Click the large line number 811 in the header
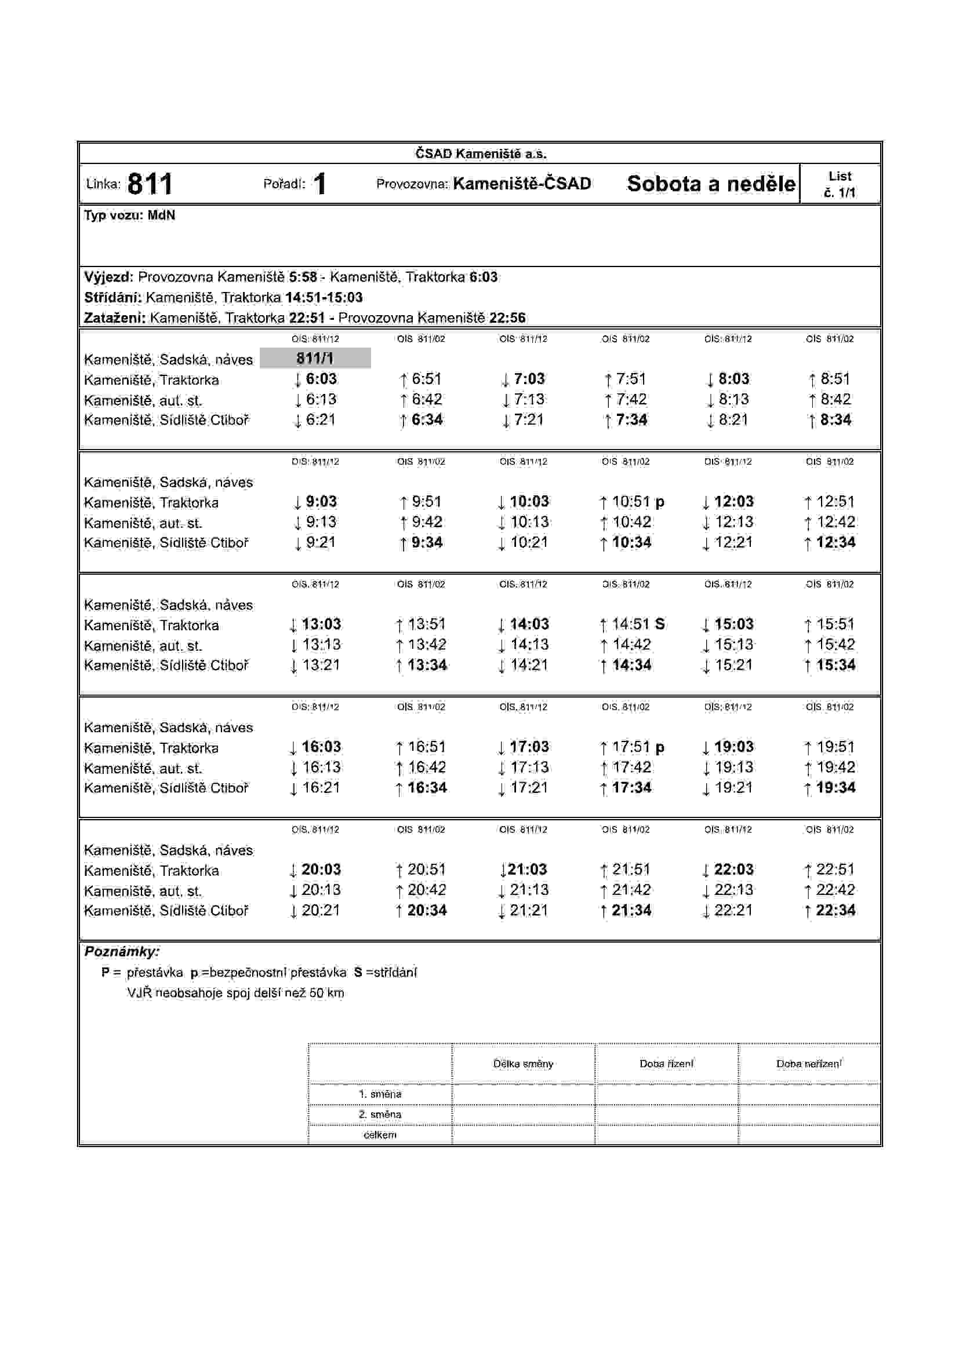pyautogui.click(x=150, y=184)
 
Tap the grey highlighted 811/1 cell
pyautogui.click(x=315, y=358)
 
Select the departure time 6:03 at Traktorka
pyautogui.click(x=321, y=379)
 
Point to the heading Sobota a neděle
pyautogui.click(x=711, y=184)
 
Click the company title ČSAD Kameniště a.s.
pyautogui.click(x=481, y=154)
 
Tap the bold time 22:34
pyautogui.click(x=836, y=910)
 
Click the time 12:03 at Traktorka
pyautogui.click(x=733, y=502)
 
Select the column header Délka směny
pyautogui.click(x=523, y=1064)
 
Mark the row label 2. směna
pyautogui.click(x=380, y=1114)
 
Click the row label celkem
pyautogui.click(x=380, y=1134)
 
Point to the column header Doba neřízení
pyautogui.click(x=809, y=1064)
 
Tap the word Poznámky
pyautogui.click(x=121, y=951)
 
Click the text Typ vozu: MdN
pyautogui.click(x=129, y=216)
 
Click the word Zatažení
pyautogui.click(x=115, y=317)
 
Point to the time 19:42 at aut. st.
pyautogui.click(x=836, y=767)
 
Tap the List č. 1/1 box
pyautogui.click(x=840, y=184)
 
